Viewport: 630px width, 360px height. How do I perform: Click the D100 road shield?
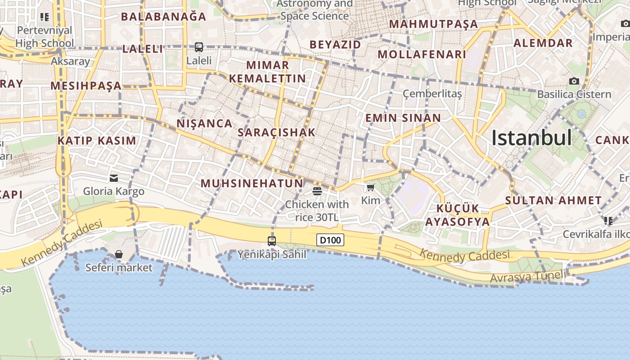330,240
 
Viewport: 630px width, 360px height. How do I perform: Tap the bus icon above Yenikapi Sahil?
272,241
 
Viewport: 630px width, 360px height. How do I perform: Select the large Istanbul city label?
531,138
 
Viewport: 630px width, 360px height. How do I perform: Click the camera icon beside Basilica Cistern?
574,81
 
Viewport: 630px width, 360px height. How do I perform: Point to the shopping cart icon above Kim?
370,187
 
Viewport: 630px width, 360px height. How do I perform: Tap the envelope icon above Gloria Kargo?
114,178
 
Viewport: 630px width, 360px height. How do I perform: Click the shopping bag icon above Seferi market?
119,255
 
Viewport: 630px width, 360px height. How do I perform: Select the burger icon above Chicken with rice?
317,191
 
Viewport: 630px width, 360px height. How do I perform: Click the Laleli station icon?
198,47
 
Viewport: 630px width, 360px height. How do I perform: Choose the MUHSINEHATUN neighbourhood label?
252,184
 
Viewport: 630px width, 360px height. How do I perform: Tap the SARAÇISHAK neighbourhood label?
276,132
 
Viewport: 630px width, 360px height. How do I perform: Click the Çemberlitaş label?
432,94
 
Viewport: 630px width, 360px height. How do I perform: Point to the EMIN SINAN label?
403,118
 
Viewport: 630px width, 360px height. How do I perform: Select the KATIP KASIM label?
97,140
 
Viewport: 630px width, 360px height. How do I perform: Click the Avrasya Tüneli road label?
527,276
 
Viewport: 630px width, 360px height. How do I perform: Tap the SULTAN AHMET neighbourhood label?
553,200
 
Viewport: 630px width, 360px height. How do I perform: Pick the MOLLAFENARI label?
422,54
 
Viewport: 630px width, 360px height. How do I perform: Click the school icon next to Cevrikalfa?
608,220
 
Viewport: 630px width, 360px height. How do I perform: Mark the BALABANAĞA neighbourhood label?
163,17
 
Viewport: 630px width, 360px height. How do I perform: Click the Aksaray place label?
71,61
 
